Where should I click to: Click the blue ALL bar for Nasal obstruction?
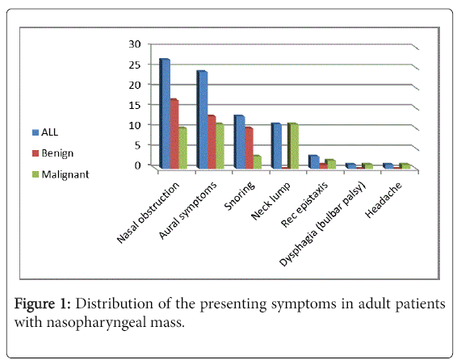[x=165, y=114]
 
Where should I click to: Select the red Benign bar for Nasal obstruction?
[x=174, y=134]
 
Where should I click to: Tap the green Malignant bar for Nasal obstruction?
[x=182, y=148]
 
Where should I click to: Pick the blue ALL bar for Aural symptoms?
[x=202, y=119]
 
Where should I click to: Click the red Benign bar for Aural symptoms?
[x=212, y=142]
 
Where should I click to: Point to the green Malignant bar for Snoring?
[x=258, y=162]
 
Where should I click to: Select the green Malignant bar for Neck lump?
[x=293, y=146]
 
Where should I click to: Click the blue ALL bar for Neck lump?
[x=276, y=146]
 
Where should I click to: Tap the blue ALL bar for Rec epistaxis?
[x=314, y=162]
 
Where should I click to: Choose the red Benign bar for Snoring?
[x=249, y=148]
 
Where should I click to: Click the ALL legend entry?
[x=45, y=132]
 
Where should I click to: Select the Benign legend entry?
[x=52, y=153]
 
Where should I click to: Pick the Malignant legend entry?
[x=61, y=174]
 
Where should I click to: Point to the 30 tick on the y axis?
[x=135, y=44]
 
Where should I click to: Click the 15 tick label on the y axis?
[x=135, y=105]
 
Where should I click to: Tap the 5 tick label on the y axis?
[x=137, y=144]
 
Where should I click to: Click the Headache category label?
[x=384, y=200]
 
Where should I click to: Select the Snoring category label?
[x=240, y=195]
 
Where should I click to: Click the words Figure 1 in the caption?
[x=42, y=303]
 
